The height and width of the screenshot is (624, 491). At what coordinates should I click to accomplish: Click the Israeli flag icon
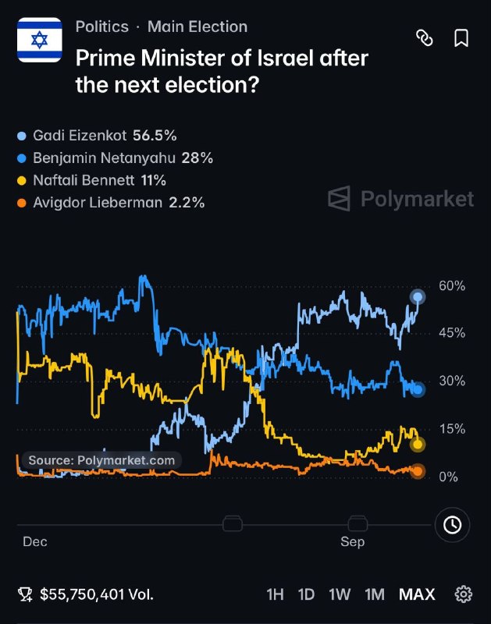pos(40,40)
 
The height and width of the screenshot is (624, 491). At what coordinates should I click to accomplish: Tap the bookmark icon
pos(461,38)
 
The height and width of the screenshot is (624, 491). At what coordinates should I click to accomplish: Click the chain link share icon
pos(425,38)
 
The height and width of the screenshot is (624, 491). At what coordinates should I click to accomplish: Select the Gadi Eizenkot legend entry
pos(97,136)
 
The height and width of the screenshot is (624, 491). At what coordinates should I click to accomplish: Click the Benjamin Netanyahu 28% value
pos(197,158)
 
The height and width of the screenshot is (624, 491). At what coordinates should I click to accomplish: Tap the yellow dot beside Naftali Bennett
pos(22,181)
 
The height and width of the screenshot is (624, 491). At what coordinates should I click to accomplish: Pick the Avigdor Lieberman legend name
pos(98,203)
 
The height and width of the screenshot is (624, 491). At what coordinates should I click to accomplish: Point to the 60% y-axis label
pos(452,285)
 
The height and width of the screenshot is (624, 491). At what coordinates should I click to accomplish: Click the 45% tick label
pos(452,333)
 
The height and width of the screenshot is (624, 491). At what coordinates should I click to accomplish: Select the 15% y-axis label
pos(452,429)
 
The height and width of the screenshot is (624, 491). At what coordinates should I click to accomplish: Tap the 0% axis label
pos(448,477)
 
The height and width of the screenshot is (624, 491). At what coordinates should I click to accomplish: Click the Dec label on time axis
pos(35,541)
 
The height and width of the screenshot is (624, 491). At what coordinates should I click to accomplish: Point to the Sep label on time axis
pos(352,542)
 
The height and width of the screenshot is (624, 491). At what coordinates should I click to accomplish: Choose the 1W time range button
pos(340,594)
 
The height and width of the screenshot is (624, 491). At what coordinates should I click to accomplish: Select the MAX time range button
pos(417,594)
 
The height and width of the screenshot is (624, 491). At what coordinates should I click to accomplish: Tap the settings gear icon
pos(463,594)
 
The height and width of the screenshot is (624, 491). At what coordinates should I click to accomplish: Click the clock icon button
pos(453,525)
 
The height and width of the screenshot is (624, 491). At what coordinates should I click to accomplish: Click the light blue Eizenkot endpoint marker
pos(418,297)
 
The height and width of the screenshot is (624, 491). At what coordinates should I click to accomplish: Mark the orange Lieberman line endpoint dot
pos(418,471)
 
